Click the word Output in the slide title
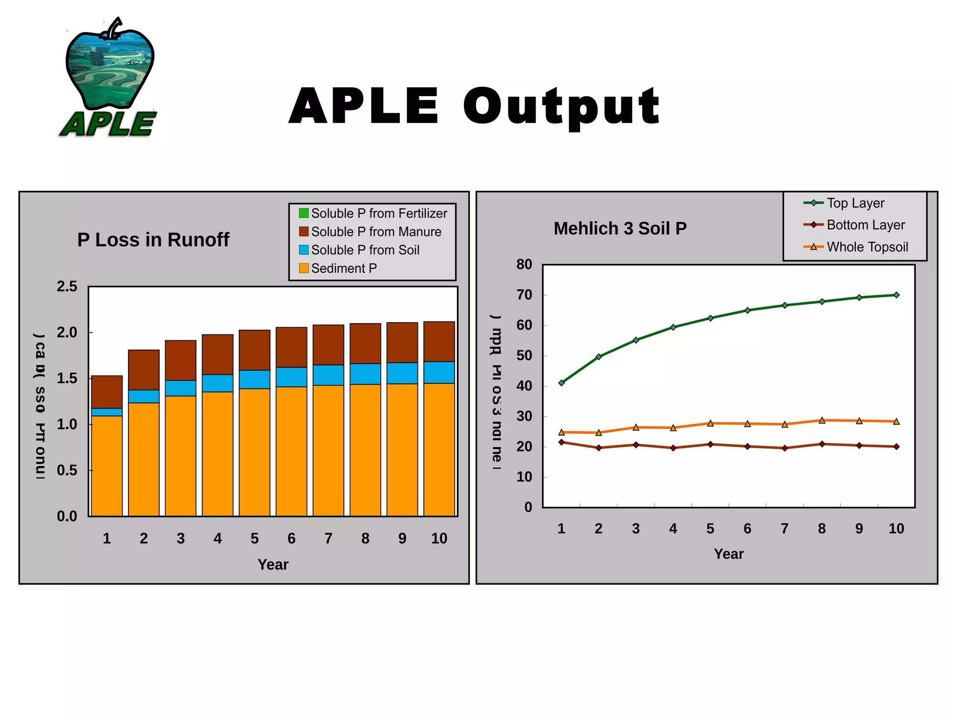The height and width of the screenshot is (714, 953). pyautogui.click(x=561, y=107)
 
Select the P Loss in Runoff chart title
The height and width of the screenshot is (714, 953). pyautogui.click(x=153, y=240)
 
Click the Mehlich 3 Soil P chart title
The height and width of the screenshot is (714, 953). pyautogui.click(x=620, y=229)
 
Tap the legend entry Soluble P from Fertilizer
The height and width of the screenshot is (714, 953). pyautogui.click(x=373, y=213)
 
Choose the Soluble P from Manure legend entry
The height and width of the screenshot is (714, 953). pyautogui.click(x=370, y=231)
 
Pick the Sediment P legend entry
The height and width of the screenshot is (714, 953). pyautogui.click(x=338, y=268)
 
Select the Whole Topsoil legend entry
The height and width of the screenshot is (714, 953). pyautogui.click(x=859, y=247)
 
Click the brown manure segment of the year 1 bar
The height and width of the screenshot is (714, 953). pyautogui.click(x=107, y=392)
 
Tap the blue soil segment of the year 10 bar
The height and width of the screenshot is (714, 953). pyautogui.click(x=439, y=372)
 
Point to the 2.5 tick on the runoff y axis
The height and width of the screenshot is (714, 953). pyautogui.click(x=67, y=286)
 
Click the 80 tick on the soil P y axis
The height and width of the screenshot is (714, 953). pyautogui.click(x=524, y=264)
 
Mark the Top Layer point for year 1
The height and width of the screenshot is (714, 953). pyautogui.click(x=561, y=383)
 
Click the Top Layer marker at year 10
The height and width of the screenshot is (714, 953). pyautogui.click(x=896, y=295)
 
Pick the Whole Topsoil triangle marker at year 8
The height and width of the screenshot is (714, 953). pyautogui.click(x=822, y=420)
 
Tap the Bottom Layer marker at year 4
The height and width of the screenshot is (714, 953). pyautogui.click(x=673, y=448)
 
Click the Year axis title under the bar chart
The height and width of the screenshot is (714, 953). pyautogui.click(x=273, y=564)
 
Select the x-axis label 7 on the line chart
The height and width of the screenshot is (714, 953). pyautogui.click(x=785, y=529)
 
